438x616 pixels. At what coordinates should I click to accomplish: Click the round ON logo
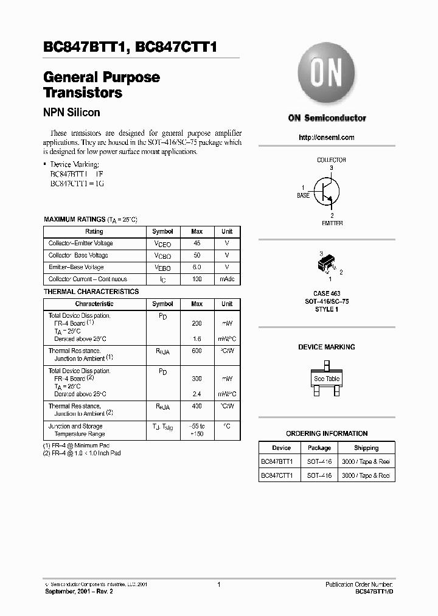327,74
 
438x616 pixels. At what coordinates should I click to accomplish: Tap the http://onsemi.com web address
327,138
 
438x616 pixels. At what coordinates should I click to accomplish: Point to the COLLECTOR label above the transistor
331,160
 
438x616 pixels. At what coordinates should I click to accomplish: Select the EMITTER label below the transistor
332,223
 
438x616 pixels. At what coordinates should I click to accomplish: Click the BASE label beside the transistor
303,196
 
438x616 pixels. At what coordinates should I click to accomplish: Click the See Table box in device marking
327,379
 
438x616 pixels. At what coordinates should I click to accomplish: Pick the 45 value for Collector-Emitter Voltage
197,243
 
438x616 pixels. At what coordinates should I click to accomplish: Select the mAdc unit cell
227,279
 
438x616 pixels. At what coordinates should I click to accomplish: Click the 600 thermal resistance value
197,351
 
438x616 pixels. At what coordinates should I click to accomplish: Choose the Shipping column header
366,448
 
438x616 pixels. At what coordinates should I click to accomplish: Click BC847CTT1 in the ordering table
277,475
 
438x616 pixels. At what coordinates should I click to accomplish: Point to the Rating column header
94,231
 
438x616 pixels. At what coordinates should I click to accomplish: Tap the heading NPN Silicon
71,113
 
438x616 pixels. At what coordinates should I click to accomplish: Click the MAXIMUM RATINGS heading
74,219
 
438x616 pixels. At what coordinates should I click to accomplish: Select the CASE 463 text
327,294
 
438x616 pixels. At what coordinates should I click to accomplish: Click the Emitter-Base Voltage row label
76,267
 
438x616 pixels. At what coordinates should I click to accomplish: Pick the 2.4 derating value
197,394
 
